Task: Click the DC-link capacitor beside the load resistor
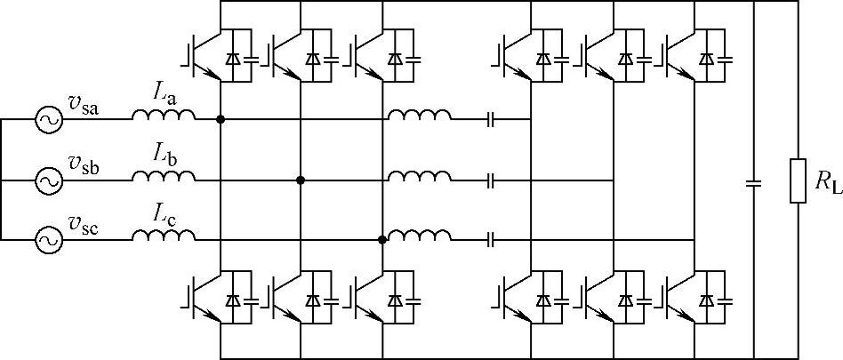point(753,184)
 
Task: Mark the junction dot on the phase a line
point(220,118)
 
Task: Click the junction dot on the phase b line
point(301,180)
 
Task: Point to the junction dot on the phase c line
point(382,239)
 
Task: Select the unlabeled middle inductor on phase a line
point(419,116)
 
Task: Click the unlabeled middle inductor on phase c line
point(419,236)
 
